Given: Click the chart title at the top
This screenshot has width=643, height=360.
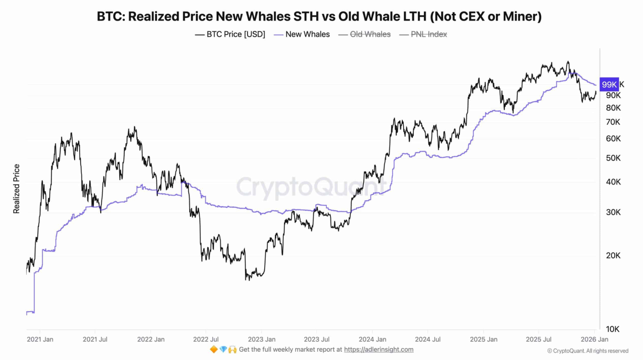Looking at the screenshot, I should pos(319,17).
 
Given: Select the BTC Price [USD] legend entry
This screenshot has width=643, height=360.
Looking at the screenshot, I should pos(230,34).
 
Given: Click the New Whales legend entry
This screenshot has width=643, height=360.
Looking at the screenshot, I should pos(302,34).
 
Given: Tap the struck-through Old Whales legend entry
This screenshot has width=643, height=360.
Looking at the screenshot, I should pos(365,34).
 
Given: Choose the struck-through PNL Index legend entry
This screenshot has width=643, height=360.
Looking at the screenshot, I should pos(423,34).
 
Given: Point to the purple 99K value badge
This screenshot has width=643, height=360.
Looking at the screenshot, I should pos(609,84).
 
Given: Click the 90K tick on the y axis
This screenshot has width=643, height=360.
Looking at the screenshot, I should pos(613,95).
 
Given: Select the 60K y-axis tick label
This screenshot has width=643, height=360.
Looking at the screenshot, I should pos(613,139).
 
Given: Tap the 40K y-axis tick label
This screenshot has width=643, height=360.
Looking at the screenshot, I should pos(613,182).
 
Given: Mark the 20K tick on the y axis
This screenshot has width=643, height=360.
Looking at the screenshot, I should pos(613,255).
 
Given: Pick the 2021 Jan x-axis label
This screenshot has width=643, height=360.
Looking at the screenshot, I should pos(40,339).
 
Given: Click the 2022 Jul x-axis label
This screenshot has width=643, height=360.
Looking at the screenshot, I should pos(206,339).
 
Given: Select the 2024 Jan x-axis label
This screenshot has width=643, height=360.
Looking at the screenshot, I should pos(372,339).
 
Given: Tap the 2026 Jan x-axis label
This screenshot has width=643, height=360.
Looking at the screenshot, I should pos(594,339).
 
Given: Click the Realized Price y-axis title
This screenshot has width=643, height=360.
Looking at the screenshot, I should pos(17,189).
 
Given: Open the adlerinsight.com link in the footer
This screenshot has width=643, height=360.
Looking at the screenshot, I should pos(378,350).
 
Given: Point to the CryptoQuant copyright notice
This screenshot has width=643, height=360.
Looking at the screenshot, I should pos(587,351).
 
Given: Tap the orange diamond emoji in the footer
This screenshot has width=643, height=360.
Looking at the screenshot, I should pos(214,350).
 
